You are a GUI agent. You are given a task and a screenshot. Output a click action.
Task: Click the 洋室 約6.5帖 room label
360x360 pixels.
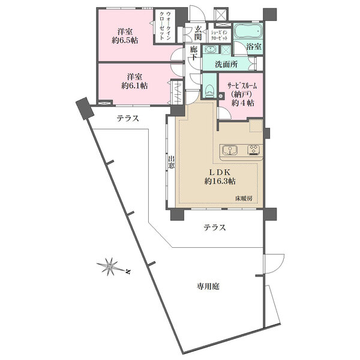pyautogui.click(x=125, y=36)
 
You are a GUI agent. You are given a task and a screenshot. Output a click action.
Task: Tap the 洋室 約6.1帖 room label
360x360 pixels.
pyautogui.click(x=134, y=81)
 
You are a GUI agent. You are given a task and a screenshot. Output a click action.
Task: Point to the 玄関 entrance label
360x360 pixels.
pyautogui.click(x=198, y=33)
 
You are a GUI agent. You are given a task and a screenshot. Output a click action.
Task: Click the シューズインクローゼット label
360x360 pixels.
pyautogui.click(x=219, y=35)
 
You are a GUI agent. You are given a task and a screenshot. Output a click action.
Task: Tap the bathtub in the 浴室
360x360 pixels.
pyautogui.click(x=248, y=32)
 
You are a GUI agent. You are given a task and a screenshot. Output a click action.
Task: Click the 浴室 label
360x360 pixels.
pyautogui.click(x=254, y=47)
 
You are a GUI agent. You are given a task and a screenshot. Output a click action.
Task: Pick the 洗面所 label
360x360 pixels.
pyautogui.click(x=226, y=64)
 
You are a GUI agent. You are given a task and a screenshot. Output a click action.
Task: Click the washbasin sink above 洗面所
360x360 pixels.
pyautogui.click(x=211, y=49)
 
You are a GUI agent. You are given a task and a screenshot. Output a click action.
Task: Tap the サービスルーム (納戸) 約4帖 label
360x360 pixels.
pyautogui.click(x=242, y=95)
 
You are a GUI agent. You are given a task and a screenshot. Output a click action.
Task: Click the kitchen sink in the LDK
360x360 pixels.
pyautogui.click(x=230, y=151)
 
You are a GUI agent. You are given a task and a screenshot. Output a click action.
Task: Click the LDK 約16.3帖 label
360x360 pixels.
pyautogui.click(x=220, y=177)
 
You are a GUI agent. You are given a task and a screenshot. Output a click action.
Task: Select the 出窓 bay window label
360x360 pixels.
pyautogui.click(x=171, y=162)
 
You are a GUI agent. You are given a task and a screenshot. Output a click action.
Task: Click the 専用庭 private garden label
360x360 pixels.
pyautogui.click(x=208, y=286)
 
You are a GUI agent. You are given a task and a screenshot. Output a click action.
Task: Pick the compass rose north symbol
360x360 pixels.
pyautogui.click(x=110, y=266)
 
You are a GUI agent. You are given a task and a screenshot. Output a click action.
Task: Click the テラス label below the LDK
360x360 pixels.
pyautogui.click(x=215, y=227)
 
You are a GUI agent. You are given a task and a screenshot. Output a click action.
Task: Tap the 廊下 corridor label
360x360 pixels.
pyautogui.click(x=193, y=53)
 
